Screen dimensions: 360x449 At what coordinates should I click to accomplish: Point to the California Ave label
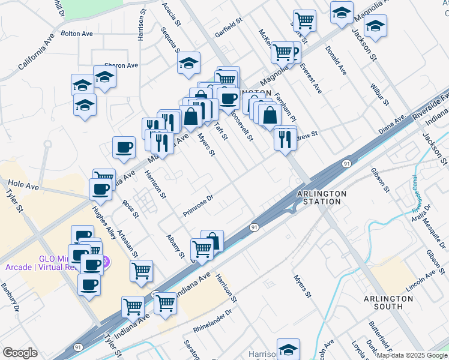(x=37, y=51)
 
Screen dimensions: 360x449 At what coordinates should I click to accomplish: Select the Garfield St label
(x=229, y=27)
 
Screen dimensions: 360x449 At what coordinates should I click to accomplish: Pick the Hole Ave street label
(x=23, y=187)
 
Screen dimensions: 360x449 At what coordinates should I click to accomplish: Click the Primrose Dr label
(x=199, y=205)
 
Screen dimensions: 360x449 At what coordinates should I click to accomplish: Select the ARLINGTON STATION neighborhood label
(x=322, y=197)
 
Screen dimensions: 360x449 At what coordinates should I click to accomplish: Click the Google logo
(x=19, y=353)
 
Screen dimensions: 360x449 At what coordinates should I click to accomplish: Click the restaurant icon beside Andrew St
(x=285, y=139)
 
